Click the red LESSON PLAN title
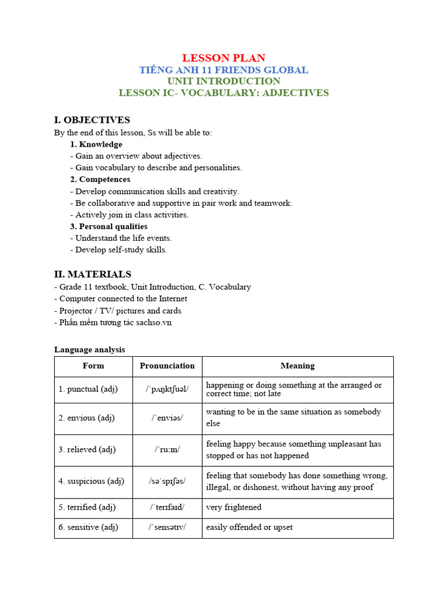pos(223,58)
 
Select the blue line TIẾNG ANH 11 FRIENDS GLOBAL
pos(223,70)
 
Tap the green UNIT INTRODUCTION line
pos(223,81)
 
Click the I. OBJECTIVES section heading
pos(92,120)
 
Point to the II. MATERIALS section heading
pos(93,274)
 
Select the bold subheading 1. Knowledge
pos(96,144)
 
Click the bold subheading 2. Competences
pos(100,180)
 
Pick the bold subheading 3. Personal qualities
pos(108,226)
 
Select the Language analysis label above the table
pos(89,350)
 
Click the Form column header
pos(93,366)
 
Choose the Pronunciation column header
pos(167,366)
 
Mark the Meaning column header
pos(297,366)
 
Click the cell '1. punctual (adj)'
pos(88,389)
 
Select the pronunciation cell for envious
pos(167,418)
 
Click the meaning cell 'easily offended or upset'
pos(250,528)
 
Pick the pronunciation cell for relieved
pos(167,449)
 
